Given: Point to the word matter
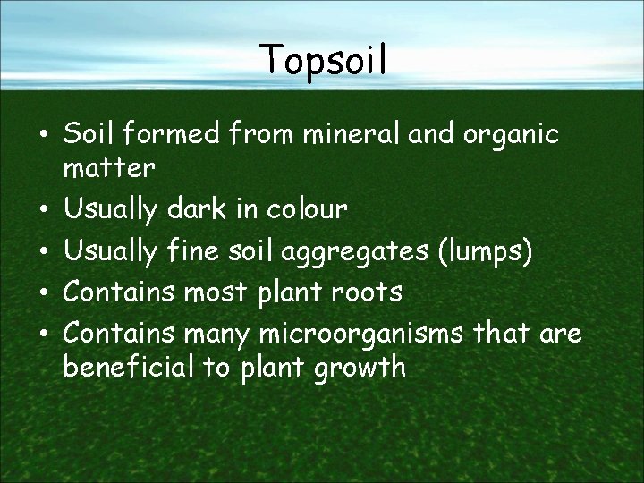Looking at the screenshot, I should [109, 167].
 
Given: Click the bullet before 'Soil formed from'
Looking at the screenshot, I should [44, 136].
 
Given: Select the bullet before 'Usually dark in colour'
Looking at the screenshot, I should [44, 211].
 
